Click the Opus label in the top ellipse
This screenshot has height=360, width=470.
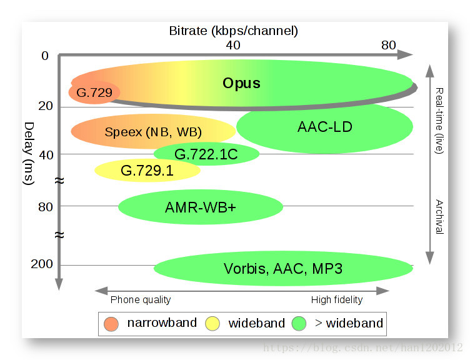coord(241,83)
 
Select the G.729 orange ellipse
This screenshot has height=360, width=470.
coord(94,93)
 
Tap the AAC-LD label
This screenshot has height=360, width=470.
coord(325,127)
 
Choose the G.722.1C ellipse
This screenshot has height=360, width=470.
coord(206,154)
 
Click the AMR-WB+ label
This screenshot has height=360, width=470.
coord(201,206)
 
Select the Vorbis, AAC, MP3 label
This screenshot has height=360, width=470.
coord(283,269)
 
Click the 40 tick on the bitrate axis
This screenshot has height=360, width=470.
coord(232,45)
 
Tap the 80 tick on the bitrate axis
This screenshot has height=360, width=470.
coord(388,45)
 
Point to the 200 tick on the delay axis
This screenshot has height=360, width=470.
coord(41,264)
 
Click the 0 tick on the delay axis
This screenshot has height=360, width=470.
coord(44,56)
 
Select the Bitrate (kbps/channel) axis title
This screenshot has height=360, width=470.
coord(234,30)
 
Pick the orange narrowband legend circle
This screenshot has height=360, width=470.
coord(112,323)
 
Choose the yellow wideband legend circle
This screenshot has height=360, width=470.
coord(212,323)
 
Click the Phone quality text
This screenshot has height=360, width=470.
coord(141,299)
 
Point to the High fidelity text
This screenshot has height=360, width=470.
coord(336,299)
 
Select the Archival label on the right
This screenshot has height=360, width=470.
coord(439,216)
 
